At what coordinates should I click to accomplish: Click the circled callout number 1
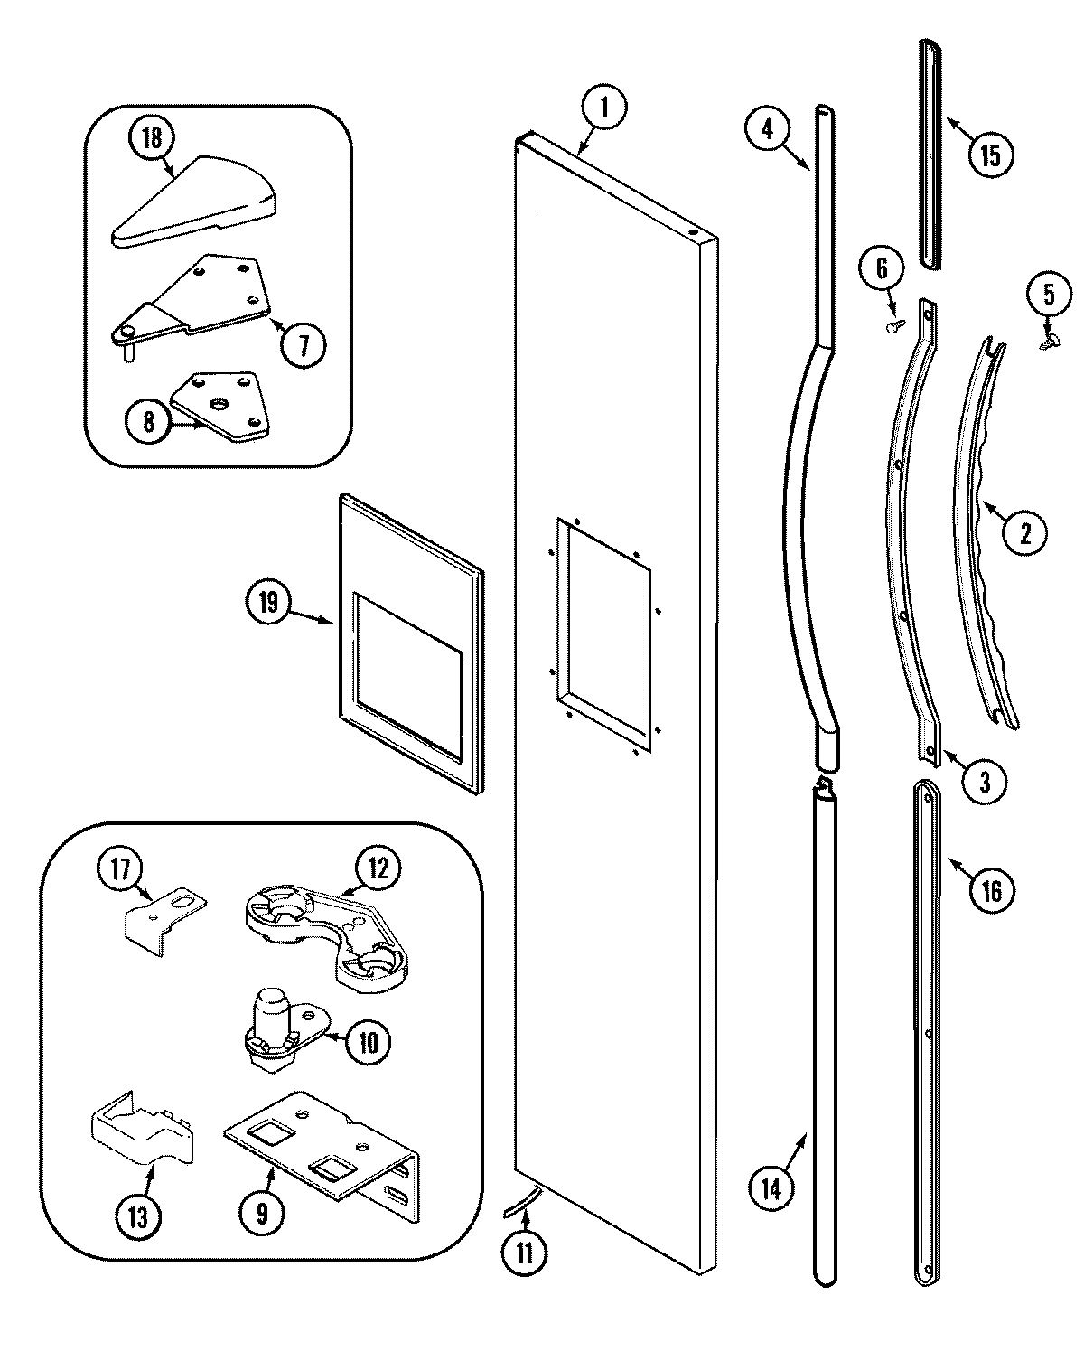tap(604, 109)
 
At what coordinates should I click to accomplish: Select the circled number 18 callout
tap(152, 138)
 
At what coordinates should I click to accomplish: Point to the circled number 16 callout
tap(991, 890)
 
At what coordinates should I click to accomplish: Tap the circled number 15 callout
tap(990, 155)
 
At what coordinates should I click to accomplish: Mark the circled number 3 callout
tap(984, 781)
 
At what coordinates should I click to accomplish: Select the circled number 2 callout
tap(1024, 533)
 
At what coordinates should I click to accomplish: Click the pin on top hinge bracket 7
tap(128, 352)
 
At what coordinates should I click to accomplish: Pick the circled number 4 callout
tap(767, 127)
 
